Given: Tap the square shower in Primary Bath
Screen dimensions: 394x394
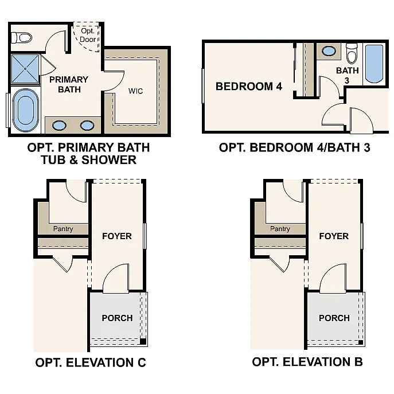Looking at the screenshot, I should point(25,68).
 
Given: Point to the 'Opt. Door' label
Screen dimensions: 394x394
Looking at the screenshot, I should point(88,35).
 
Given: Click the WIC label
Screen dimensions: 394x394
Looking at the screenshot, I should point(135,91).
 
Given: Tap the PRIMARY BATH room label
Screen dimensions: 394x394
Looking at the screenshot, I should point(68,84).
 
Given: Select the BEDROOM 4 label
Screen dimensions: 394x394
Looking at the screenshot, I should point(249,87).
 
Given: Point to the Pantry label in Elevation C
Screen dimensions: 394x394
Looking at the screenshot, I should point(63,229).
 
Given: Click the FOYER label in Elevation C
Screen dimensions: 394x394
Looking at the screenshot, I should point(117,236).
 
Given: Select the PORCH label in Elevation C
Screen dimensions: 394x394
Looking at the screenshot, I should point(117,318).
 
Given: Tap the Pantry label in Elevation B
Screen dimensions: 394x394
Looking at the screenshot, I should point(280,229).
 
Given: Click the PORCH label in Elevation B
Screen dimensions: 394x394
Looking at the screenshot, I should point(334,318).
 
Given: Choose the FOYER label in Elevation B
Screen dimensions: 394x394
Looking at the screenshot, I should point(334,236).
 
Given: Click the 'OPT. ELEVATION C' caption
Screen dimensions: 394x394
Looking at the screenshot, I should point(91,362).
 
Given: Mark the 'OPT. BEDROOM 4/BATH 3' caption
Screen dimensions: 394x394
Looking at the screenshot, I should point(295,147).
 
